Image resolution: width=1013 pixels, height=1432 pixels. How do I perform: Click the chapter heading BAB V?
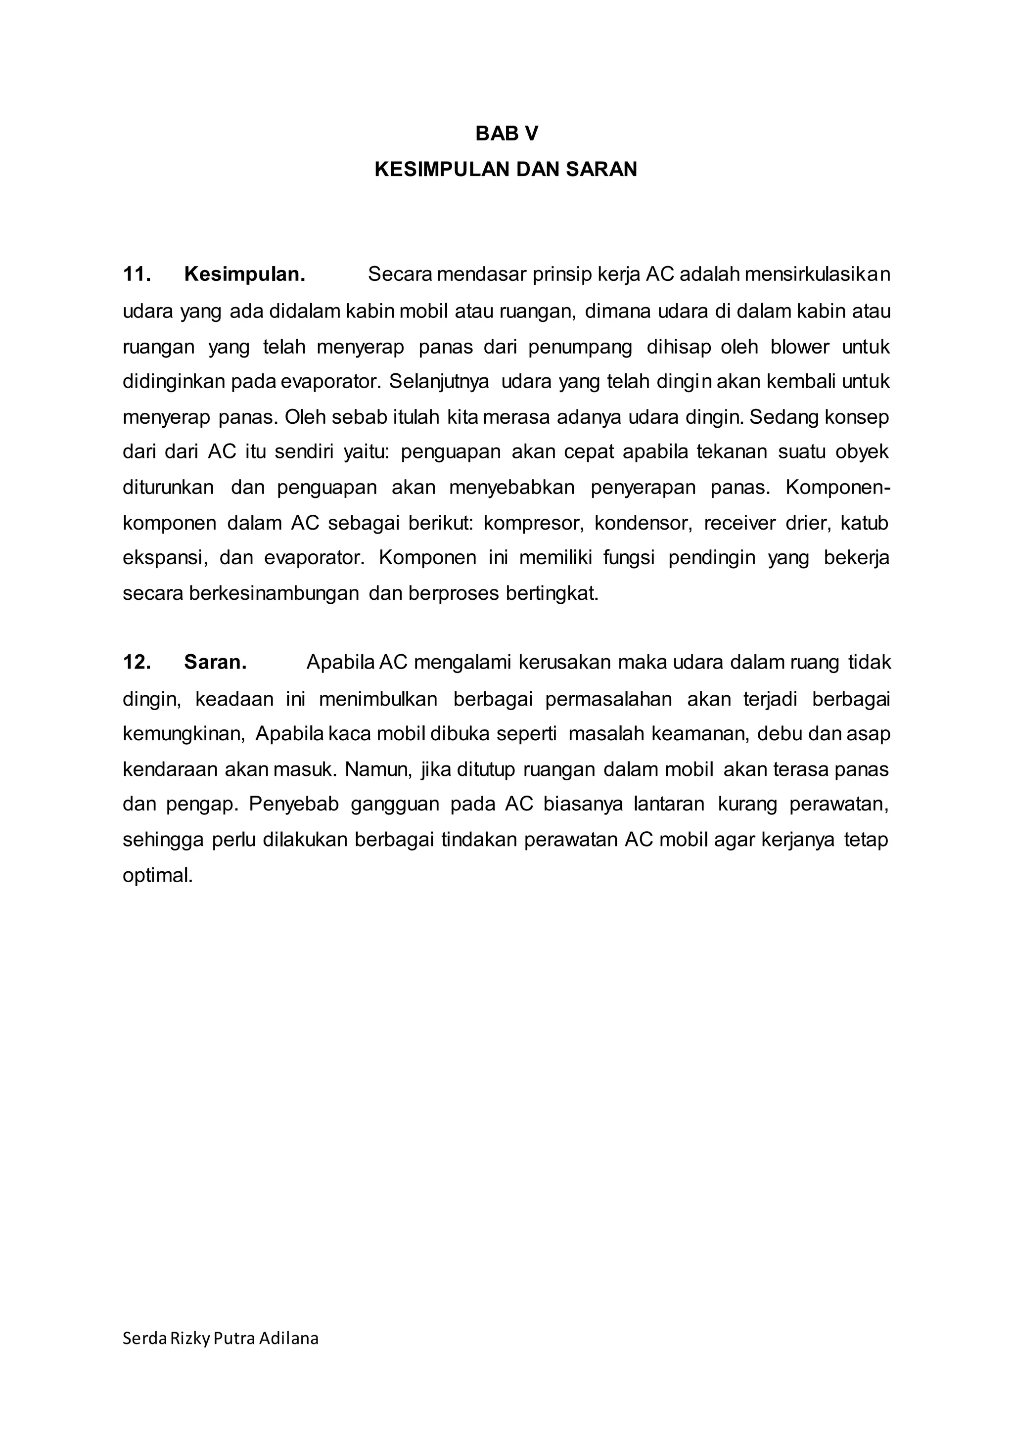point(506,134)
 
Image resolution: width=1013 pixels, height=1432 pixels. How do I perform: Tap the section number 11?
point(137,274)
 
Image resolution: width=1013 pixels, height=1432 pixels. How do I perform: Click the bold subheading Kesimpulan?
point(244,274)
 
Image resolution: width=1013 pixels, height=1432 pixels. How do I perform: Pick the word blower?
point(800,347)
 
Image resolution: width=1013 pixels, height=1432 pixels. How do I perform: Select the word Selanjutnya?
point(439,381)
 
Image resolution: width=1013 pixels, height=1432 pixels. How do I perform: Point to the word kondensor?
point(643,523)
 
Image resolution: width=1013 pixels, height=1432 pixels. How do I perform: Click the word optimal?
point(158,876)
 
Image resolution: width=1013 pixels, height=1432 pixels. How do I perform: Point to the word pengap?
point(203,805)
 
